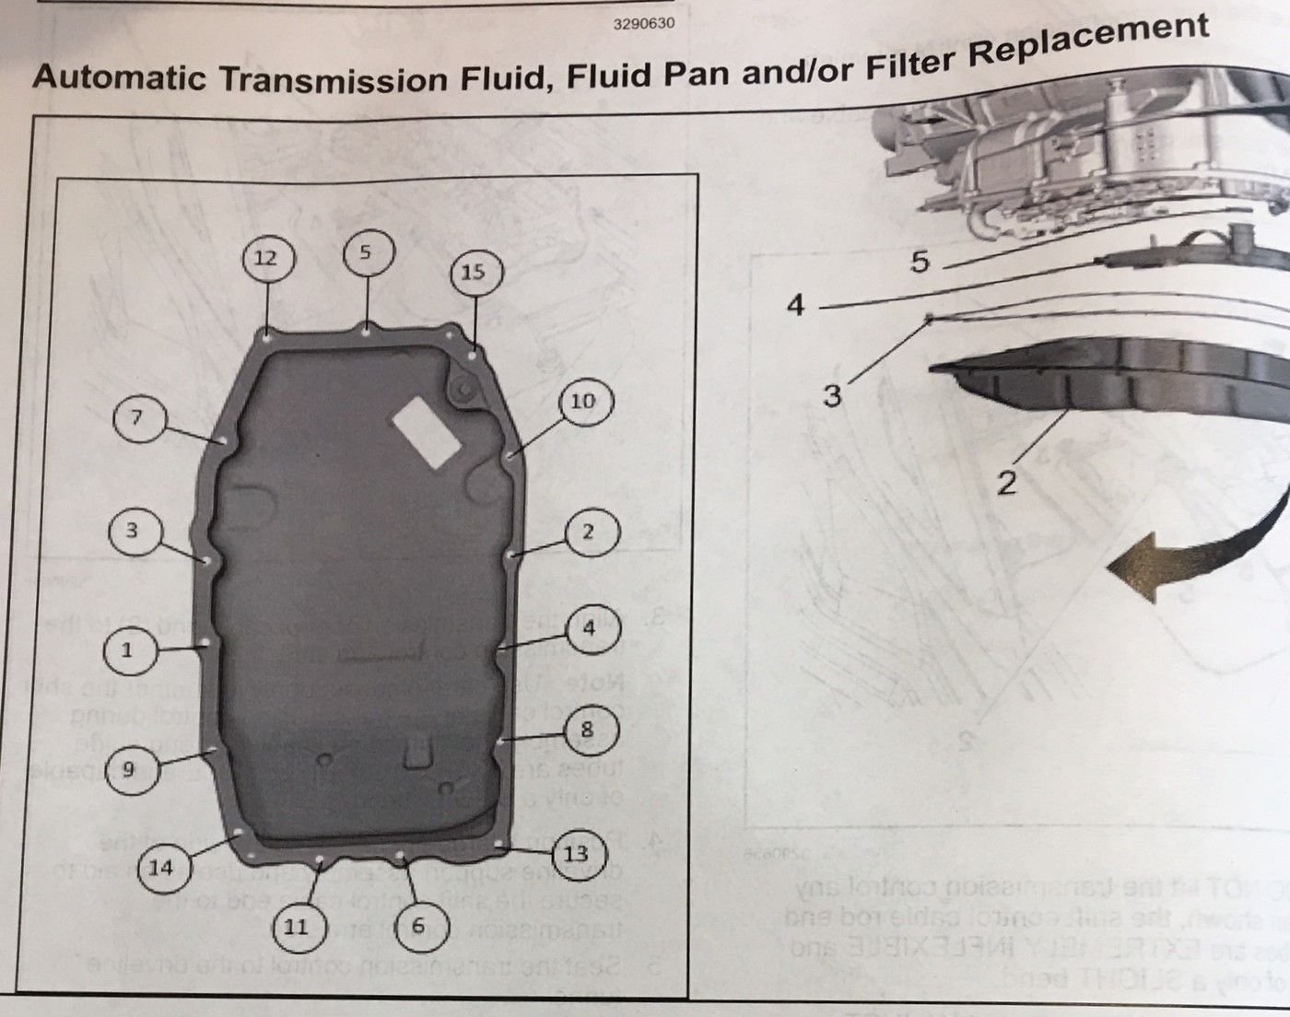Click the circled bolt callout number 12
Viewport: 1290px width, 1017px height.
coord(265,258)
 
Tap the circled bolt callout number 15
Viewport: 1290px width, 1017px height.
coord(473,272)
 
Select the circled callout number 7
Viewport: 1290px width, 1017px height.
coord(136,418)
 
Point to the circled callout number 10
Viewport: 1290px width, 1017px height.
coord(582,401)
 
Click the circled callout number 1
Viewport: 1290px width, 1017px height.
coord(127,649)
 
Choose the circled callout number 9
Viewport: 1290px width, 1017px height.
coord(128,768)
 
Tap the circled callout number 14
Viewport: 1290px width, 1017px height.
coord(160,867)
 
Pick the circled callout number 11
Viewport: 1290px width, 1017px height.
coord(296,926)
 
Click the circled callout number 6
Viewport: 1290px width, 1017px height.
coord(418,925)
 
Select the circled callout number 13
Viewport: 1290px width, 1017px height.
coord(576,853)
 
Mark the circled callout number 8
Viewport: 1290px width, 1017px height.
coord(587,731)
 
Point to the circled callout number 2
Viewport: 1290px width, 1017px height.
coord(588,532)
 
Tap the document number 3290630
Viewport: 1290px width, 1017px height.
coord(643,23)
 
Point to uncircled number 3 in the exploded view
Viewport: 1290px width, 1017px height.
coord(832,396)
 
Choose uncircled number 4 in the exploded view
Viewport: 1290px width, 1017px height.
coord(796,304)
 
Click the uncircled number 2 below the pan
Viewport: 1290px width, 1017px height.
coord(1006,481)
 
